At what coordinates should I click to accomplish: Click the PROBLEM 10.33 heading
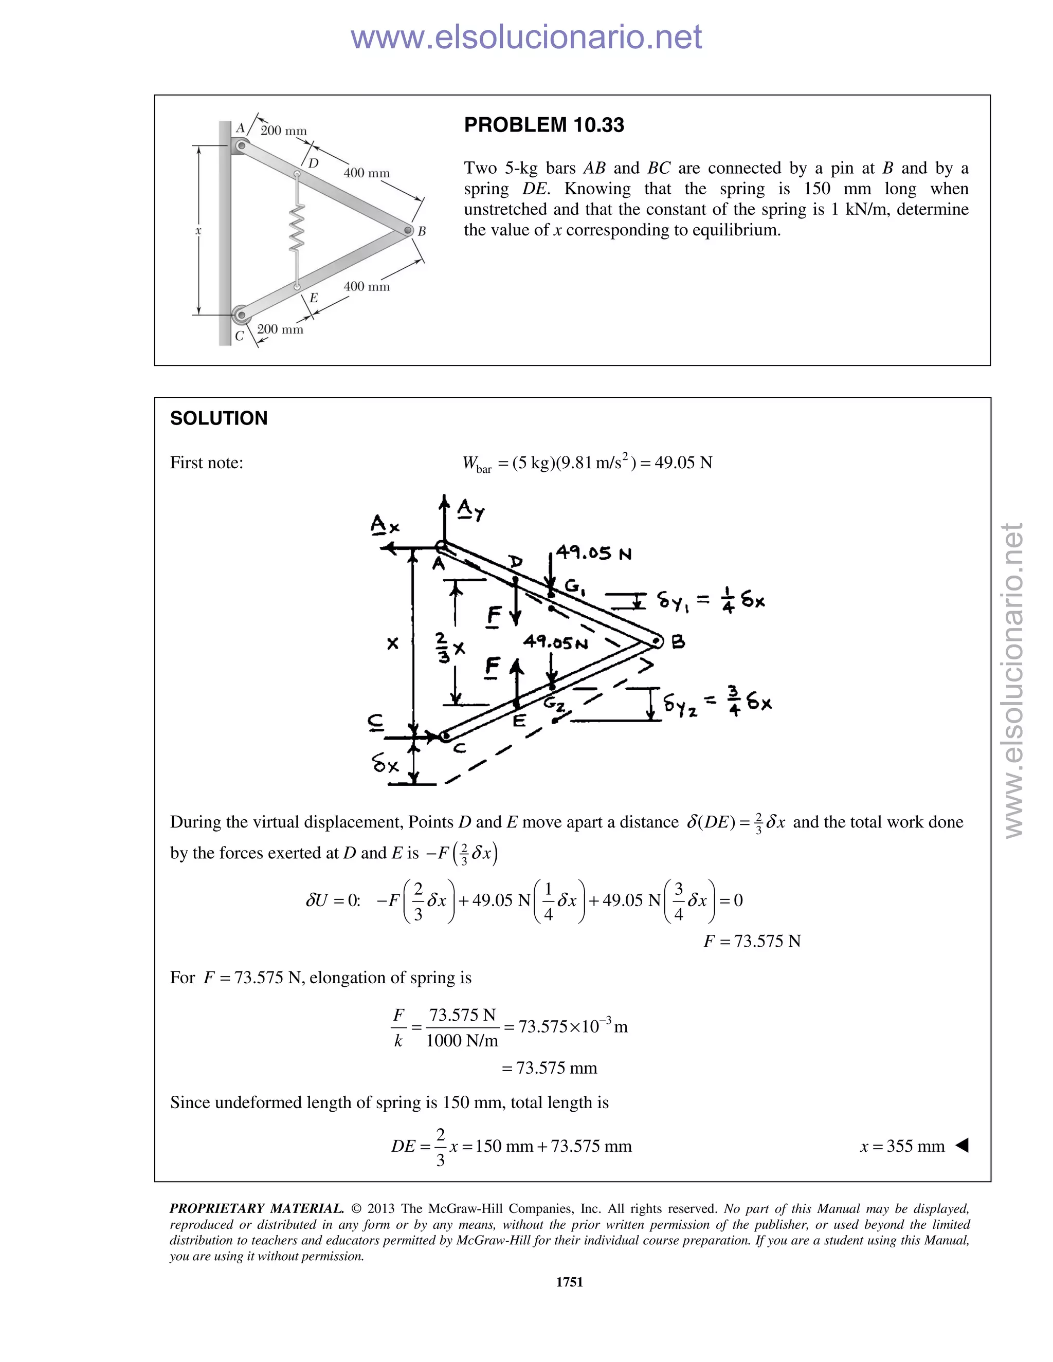pyautogui.click(x=543, y=125)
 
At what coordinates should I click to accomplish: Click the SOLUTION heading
pyautogui.click(x=219, y=418)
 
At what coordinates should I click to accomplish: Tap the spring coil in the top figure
pyautogui.click(x=298, y=228)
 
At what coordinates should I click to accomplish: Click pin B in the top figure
pyautogui.click(x=408, y=231)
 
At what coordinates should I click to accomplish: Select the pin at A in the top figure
pyautogui.click(x=240, y=146)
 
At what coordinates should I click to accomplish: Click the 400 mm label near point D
pyautogui.click(x=366, y=173)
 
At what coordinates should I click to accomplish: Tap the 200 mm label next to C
pyautogui.click(x=280, y=329)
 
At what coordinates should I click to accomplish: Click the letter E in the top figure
pyautogui.click(x=314, y=298)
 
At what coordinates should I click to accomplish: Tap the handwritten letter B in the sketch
pyautogui.click(x=678, y=642)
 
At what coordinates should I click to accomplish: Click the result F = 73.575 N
pyautogui.click(x=752, y=941)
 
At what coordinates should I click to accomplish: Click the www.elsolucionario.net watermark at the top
pyautogui.click(x=526, y=38)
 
